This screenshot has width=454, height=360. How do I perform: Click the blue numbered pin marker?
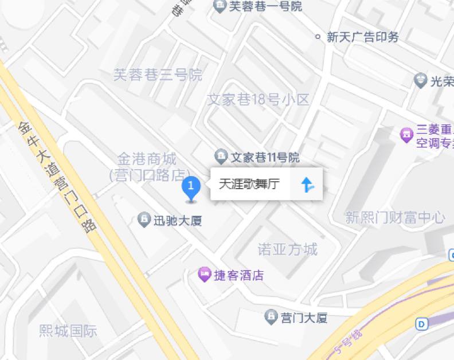191,187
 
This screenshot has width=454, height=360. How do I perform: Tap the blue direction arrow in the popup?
307,184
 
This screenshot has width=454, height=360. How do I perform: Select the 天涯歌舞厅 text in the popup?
249,184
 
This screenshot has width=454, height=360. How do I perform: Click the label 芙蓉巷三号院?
158,75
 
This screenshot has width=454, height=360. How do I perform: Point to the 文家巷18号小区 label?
258,100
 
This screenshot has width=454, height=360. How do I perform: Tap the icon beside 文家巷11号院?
221,156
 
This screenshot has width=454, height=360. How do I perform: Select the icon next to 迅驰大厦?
144,219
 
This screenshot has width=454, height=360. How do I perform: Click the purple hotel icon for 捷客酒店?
204,275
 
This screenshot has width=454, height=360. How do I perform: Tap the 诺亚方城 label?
287,249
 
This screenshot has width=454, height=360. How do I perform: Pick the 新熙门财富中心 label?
395,217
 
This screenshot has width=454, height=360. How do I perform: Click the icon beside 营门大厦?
271,316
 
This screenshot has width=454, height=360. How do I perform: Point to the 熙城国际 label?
68,331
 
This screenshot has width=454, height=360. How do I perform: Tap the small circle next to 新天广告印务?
318,37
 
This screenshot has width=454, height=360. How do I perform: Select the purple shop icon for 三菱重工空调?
406,135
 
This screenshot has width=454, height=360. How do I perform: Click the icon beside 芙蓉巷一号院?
220,6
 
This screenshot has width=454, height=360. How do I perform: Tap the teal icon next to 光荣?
421,81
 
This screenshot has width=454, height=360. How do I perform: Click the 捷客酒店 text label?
239,275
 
